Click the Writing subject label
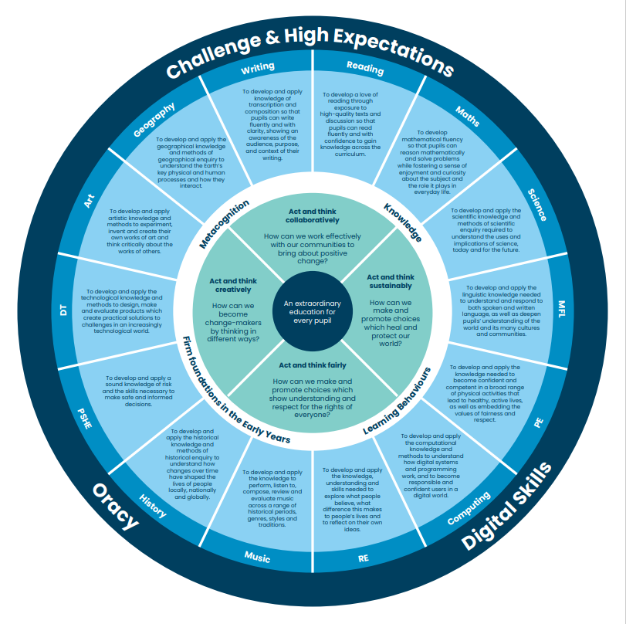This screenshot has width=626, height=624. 257,68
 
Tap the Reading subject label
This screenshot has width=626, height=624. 365,68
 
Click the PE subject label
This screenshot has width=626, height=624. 538,423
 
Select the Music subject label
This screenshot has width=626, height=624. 257,556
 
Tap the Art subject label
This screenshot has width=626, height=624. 90,203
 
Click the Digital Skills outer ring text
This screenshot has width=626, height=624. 508,506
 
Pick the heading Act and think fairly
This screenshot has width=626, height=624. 312,365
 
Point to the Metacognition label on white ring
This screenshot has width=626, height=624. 225,224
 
